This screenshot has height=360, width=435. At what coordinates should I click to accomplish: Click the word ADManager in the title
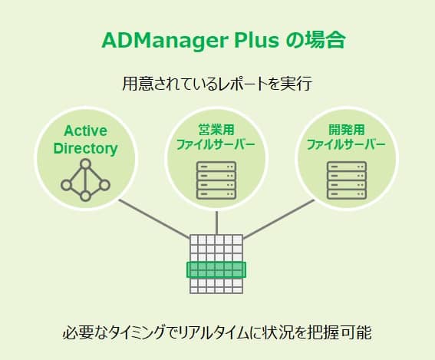(164, 41)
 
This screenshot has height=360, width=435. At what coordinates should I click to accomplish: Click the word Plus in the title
(256, 40)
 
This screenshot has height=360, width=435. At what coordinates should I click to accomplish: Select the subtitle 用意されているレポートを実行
(217, 83)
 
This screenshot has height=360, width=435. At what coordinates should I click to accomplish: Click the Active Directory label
(85, 140)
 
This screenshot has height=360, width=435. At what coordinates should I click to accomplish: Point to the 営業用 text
(216, 130)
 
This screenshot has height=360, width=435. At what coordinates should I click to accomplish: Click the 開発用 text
(347, 130)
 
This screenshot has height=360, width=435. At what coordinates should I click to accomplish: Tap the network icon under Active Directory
(85, 180)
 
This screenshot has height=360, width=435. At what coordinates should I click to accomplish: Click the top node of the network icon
(85, 164)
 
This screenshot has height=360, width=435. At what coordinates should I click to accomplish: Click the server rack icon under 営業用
(216, 180)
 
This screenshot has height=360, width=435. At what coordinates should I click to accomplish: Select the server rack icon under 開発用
(347, 180)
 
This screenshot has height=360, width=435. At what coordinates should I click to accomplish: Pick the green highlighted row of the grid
(216, 269)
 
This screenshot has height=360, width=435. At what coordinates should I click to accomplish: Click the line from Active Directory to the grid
(154, 219)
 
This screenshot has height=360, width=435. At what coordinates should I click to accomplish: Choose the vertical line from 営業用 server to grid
(216, 223)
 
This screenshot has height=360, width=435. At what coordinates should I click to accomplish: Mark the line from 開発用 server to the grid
(278, 219)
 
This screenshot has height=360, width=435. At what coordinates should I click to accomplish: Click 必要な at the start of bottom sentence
(85, 332)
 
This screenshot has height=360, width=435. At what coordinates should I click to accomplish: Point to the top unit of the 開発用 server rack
(347, 167)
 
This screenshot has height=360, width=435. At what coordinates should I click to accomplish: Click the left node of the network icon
(66, 185)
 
